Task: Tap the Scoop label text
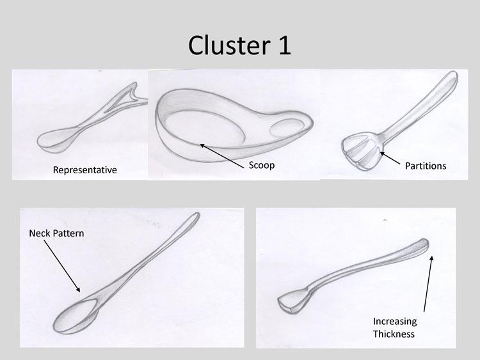click(x=261, y=165)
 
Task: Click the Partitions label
click(x=426, y=166)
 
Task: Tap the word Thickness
click(x=394, y=334)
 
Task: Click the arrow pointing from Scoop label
click(x=224, y=154)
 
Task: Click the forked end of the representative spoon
click(x=134, y=93)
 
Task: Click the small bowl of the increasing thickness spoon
click(x=292, y=301)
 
